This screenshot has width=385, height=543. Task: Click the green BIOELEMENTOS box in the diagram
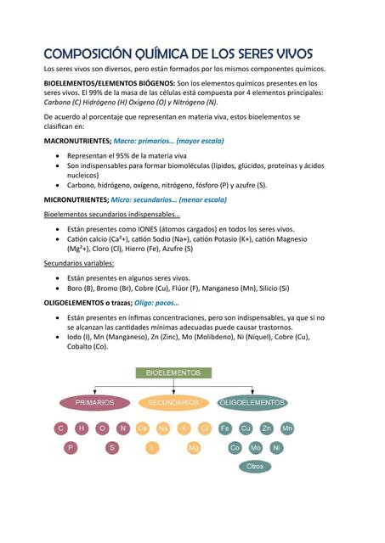(173, 372)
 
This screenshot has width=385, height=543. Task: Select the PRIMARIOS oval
(94, 402)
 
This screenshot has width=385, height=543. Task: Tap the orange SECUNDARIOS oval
(173, 402)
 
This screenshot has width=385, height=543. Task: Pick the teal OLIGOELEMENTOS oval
(252, 402)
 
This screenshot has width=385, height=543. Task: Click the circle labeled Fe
(225, 428)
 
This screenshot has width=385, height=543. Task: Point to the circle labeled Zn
(267, 428)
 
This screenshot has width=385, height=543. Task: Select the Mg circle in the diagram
(194, 447)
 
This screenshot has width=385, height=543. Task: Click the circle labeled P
(71, 447)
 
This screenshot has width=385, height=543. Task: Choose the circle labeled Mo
(256, 447)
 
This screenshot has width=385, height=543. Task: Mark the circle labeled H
(82, 428)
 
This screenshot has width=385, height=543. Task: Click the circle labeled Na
(163, 428)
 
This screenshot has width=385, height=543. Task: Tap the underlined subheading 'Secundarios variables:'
(79, 263)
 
